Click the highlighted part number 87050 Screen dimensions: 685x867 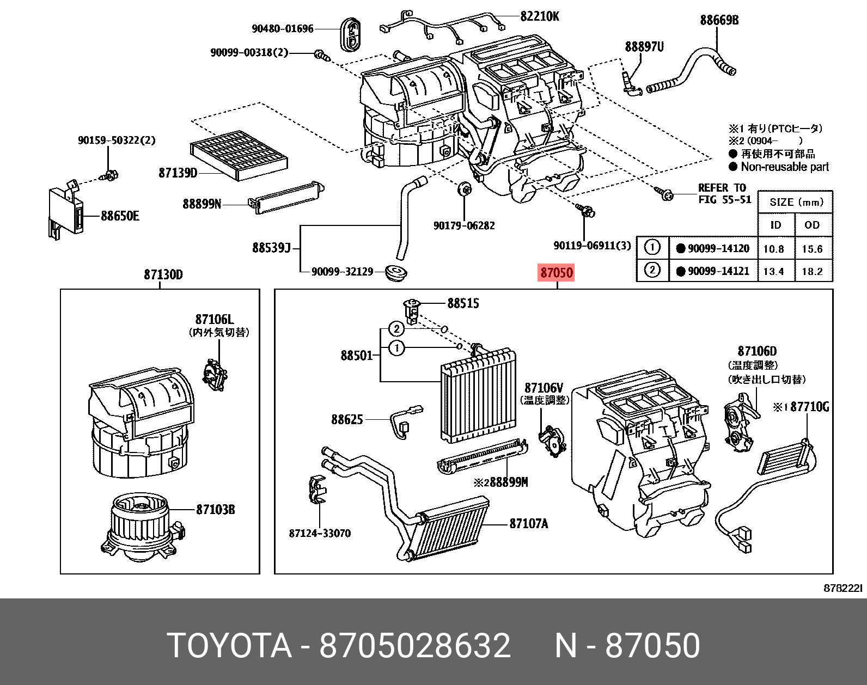click(x=556, y=272)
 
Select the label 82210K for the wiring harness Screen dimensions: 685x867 click(x=539, y=16)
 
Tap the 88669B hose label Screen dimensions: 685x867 click(x=719, y=20)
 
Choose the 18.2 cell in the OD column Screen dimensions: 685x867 click(x=812, y=271)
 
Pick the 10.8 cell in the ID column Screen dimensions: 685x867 click(x=773, y=249)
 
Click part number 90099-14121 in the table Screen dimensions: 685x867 click(x=718, y=271)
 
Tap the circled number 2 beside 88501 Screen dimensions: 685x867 click(x=396, y=329)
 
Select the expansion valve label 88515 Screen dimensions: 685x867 click(x=463, y=303)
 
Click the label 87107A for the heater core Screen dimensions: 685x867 click(x=528, y=524)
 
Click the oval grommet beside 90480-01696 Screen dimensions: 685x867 click(x=352, y=34)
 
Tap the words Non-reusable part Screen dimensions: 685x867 click(x=784, y=167)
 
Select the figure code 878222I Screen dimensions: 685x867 click(x=842, y=588)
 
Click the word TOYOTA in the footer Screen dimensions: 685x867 click(x=229, y=646)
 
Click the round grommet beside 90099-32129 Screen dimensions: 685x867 click(x=395, y=272)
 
